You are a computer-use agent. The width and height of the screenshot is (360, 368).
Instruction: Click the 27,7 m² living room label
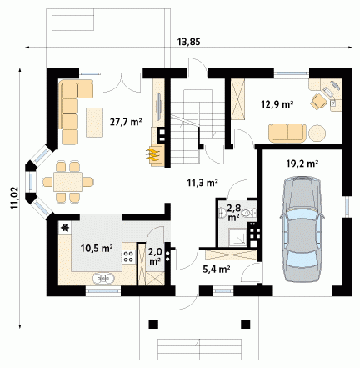coord(126,122)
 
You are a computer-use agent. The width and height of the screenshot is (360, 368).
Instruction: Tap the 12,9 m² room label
coord(277,104)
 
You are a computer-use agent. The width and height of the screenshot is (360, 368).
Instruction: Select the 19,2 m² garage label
coord(302,164)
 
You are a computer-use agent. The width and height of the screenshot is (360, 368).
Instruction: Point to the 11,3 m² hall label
coord(202,183)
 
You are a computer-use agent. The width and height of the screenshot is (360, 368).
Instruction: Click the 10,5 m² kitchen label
coord(97,248)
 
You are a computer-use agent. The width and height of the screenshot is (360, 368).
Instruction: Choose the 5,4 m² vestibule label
coord(216,269)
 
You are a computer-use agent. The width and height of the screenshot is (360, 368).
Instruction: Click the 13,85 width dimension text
coord(188,42)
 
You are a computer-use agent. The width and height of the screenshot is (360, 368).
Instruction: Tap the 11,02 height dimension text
coord(14,198)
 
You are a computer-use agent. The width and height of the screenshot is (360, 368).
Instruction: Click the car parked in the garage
coord(302,229)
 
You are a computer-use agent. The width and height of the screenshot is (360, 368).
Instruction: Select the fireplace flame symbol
coord(152,154)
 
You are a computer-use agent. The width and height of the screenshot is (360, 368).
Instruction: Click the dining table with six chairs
coord(67,182)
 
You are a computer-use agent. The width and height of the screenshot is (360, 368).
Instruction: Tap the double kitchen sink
coord(103,278)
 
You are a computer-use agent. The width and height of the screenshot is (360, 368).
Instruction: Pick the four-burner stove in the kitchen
coord(129,256)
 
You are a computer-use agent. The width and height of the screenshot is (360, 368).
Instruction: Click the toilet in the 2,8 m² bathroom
coord(247,213)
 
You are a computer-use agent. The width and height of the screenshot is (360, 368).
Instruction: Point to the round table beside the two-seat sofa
coord(317,134)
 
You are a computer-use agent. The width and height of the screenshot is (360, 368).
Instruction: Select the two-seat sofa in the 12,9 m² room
coord(287,134)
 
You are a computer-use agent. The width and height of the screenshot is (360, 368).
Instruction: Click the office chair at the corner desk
coord(318,101)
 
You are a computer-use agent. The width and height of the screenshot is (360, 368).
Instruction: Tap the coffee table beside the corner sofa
coord(94,123)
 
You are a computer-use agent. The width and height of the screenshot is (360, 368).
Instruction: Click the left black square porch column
coord(153,324)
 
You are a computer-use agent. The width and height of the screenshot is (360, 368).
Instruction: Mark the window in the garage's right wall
coord(347,206)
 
